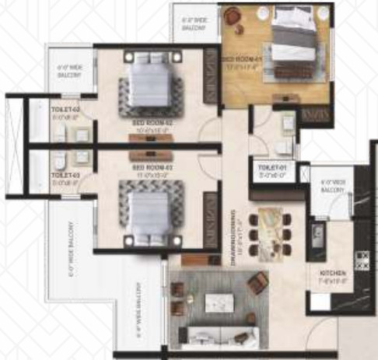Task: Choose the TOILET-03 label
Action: (65, 177)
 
